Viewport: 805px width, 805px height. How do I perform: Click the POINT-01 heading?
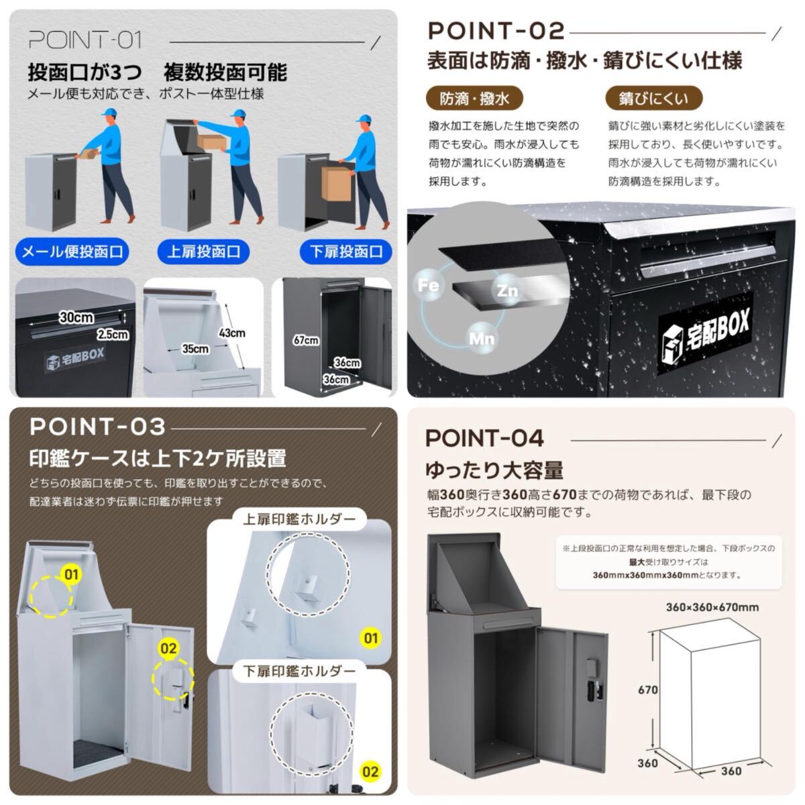(85, 40)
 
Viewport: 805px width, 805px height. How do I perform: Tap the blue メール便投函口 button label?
(72, 252)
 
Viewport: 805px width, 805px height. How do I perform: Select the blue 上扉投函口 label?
(203, 252)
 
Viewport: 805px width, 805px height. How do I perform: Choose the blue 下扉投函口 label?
(346, 252)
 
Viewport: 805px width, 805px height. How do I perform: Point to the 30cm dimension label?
(76, 317)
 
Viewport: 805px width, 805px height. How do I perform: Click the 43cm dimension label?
(232, 333)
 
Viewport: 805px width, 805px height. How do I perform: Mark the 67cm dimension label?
(306, 341)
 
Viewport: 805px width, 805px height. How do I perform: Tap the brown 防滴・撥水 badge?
(474, 99)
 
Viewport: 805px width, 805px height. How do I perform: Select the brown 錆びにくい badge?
(654, 99)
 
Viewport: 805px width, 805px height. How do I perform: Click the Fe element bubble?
(429, 285)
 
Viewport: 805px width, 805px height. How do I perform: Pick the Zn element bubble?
(507, 290)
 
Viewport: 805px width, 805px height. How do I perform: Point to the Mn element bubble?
(482, 338)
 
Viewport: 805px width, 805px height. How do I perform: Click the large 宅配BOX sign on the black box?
(706, 333)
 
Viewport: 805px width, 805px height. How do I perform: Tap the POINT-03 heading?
(98, 427)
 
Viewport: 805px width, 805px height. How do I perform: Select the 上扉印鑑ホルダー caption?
(299, 519)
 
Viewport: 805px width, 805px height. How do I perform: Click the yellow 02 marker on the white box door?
(168, 648)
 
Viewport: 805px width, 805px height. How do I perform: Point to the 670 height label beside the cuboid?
(648, 690)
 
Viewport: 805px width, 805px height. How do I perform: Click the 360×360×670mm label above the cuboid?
(712, 607)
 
